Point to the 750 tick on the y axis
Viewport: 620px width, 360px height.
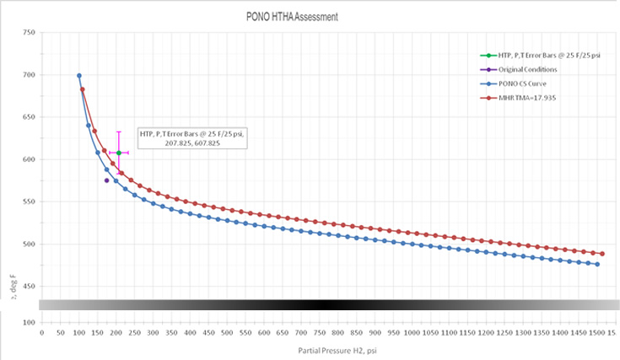point(30,33)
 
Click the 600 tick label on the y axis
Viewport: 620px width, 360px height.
point(30,159)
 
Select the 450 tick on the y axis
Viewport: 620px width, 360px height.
point(30,287)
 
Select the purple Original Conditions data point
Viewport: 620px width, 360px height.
point(106,180)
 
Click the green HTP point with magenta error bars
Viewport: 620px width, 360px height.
point(119,153)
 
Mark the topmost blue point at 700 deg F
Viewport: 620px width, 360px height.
point(79,76)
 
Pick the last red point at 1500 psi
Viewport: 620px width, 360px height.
point(602,254)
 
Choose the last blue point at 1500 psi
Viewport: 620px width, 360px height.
point(597,265)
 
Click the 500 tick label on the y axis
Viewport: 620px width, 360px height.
point(30,244)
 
